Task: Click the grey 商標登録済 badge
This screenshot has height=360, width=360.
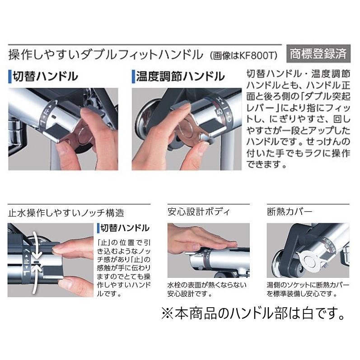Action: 318,54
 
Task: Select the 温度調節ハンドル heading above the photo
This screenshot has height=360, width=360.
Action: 180,76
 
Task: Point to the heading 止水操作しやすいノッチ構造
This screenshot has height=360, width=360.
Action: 66,212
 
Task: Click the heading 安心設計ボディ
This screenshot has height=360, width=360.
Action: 198,211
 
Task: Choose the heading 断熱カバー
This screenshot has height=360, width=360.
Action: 290,211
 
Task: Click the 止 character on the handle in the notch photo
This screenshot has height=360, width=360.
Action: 26,261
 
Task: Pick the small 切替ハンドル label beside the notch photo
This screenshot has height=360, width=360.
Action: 123,227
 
